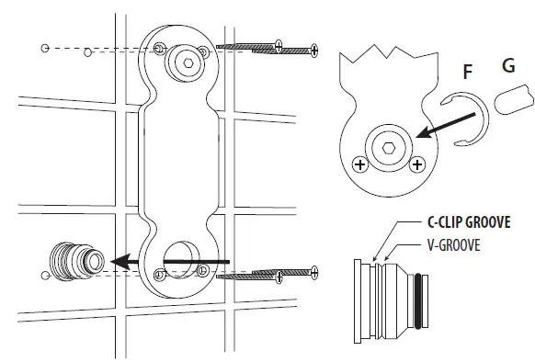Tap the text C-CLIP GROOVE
click(x=468, y=221)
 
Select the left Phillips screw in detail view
click(x=359, y=164)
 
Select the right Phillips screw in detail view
click(x=417, y=164)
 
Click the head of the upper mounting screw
click(x=313, y=47)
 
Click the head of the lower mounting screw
click(x=313, y=271)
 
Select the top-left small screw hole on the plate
click(x=159, y=47)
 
